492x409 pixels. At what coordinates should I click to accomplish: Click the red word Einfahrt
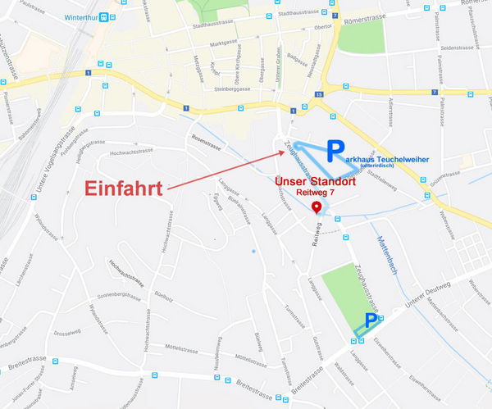point(125,188)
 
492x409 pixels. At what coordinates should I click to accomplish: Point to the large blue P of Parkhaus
point(335,150)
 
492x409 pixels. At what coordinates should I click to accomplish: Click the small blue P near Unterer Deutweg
point(371,319)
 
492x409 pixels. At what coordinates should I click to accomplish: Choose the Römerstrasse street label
point(365,20)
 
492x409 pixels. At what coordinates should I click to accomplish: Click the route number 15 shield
point(317,94)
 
